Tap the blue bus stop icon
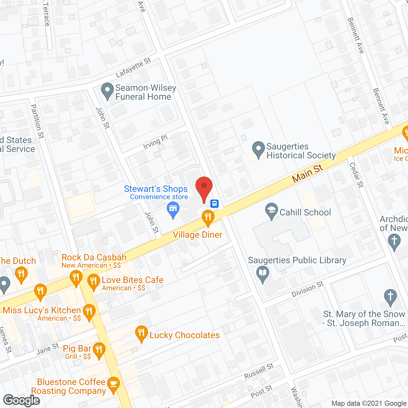pos(215,203)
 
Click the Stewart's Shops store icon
pos(173,209)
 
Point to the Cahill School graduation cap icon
pos(272,211)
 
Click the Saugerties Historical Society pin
pos(259,149)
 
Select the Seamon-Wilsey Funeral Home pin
pos(107,91)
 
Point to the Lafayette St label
pos(133,68)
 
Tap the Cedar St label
pos(356,175)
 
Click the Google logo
pos(22,400)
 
